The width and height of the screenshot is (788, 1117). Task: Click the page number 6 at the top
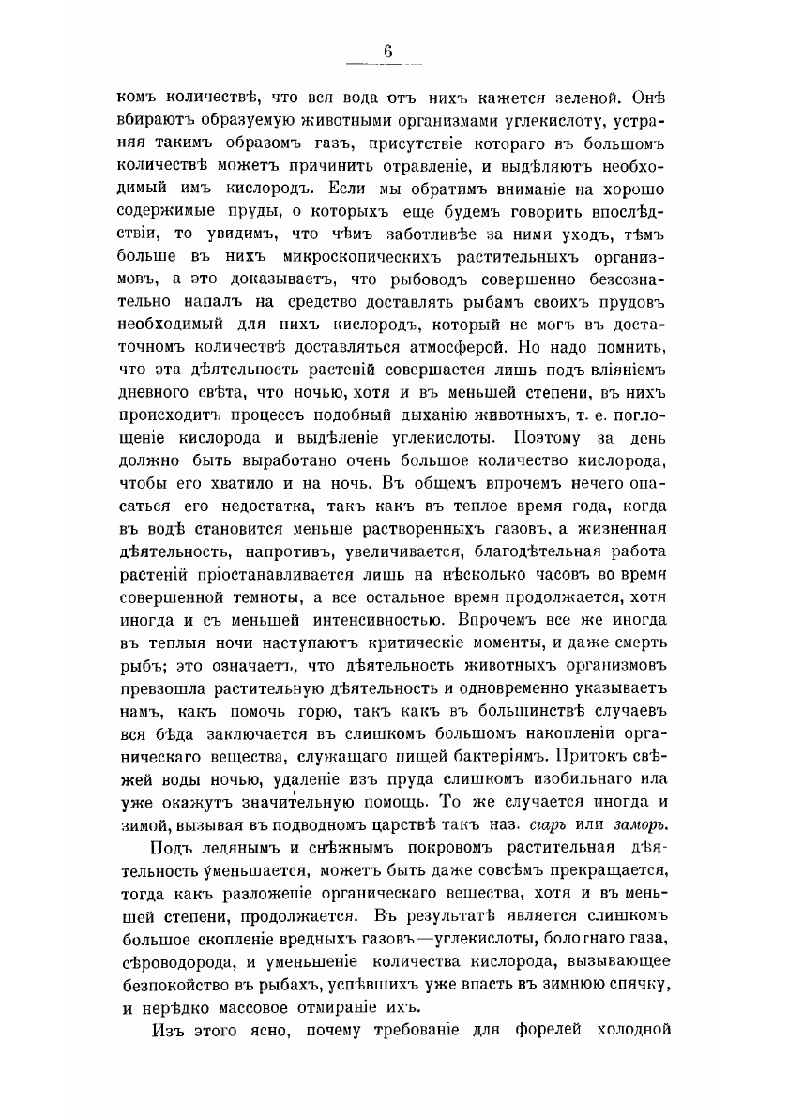point(386,53)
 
